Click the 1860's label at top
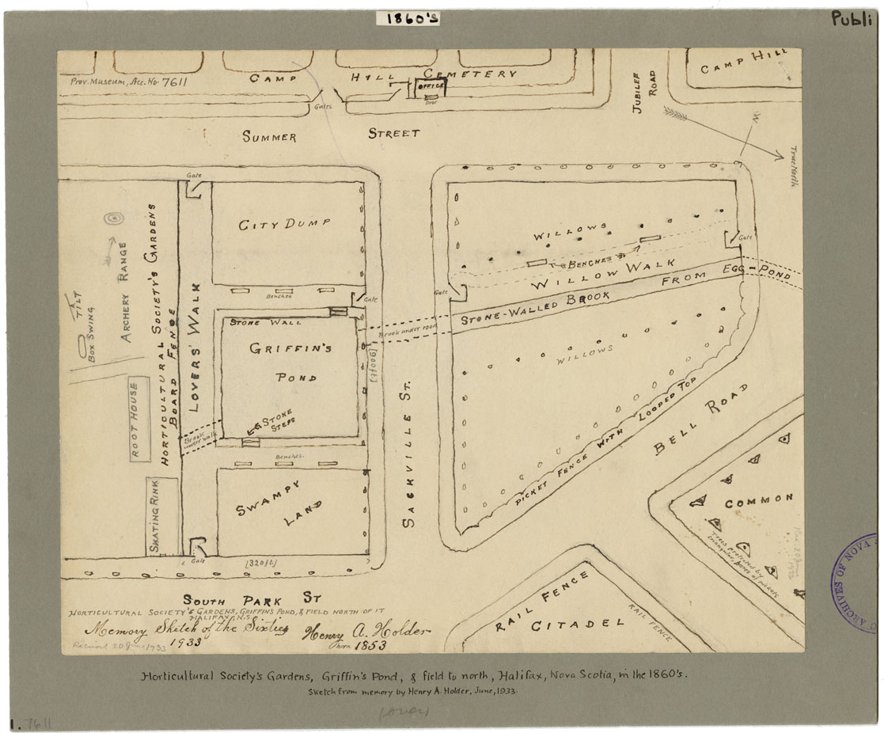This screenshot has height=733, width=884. pos(413,18)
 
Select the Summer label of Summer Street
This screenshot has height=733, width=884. pos(269,137)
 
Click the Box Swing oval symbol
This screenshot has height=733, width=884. pos(82,346)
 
